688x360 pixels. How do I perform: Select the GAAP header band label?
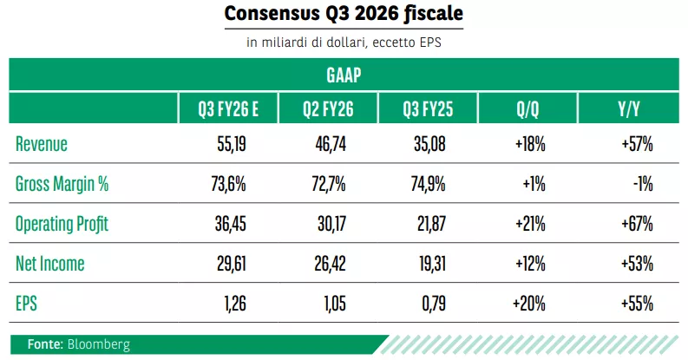tap(344, 75)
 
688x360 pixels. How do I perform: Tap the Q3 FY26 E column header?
tap(229, 109)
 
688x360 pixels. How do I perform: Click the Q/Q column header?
tap(527, 109)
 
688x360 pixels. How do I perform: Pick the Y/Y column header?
tap(628, 109)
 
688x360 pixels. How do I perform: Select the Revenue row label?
tap(42, 144)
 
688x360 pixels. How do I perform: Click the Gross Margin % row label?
tap(62, 184)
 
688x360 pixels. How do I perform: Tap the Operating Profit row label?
tap(62, 224)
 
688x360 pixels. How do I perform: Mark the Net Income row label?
tap(49, 264)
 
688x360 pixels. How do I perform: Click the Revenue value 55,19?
tap(232, 144)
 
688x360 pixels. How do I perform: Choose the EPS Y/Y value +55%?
tap(637, 304)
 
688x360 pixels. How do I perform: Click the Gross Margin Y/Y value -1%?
tap(643, 184)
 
